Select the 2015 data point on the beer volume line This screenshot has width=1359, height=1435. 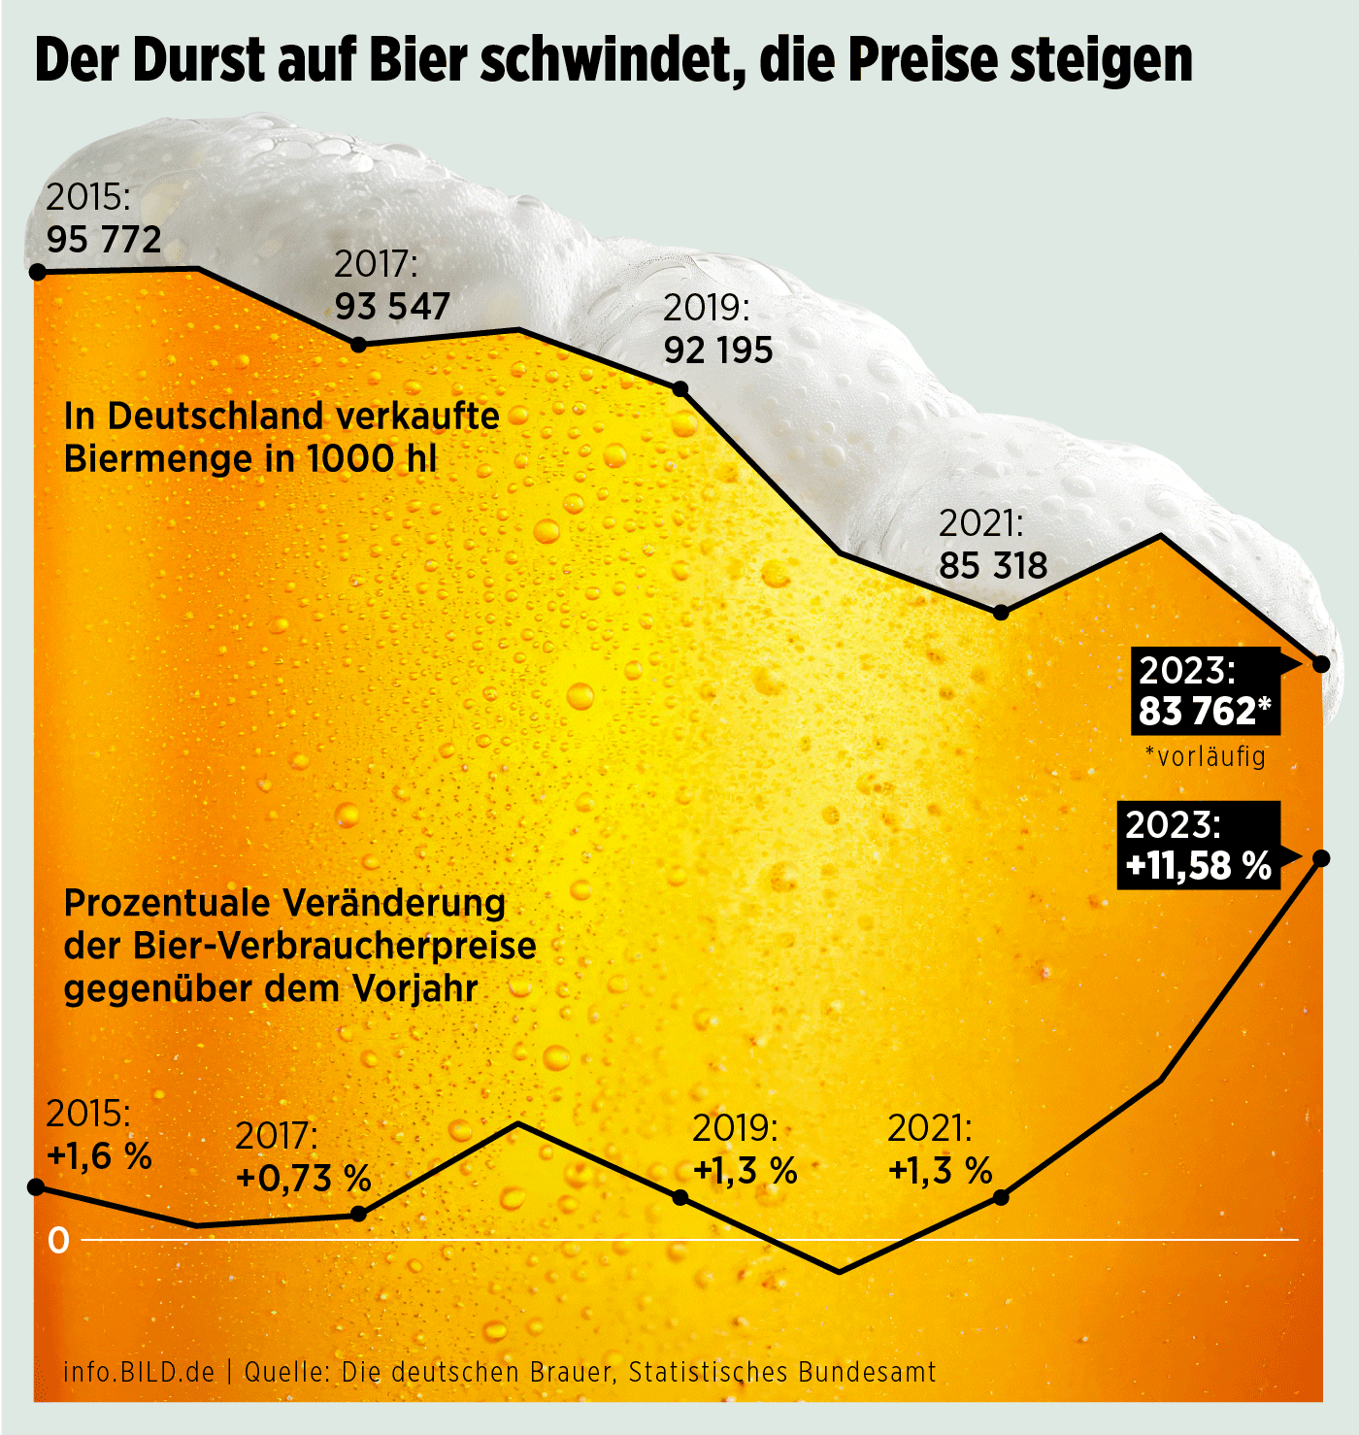point(38,272)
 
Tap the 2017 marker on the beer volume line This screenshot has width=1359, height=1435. point(358,345)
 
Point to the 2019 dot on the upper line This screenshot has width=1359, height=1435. point(680,389)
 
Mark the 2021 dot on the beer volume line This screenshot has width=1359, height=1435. point(1002,613)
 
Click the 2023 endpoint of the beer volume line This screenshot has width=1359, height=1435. point(1321,664)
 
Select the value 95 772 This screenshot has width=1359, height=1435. point(104,239)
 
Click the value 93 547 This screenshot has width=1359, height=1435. point(392,307)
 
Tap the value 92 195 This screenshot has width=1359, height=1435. point(718,350)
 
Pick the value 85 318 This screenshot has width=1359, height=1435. point(993,565)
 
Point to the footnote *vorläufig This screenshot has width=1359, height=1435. point(1205,755)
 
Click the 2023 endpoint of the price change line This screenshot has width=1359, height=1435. point(1321,858)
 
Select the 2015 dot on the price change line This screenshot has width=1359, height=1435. point(37,1186)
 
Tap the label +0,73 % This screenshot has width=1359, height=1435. point(304,1179)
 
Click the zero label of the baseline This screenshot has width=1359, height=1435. point(59,1241)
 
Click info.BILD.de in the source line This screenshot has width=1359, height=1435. point(139,1372)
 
